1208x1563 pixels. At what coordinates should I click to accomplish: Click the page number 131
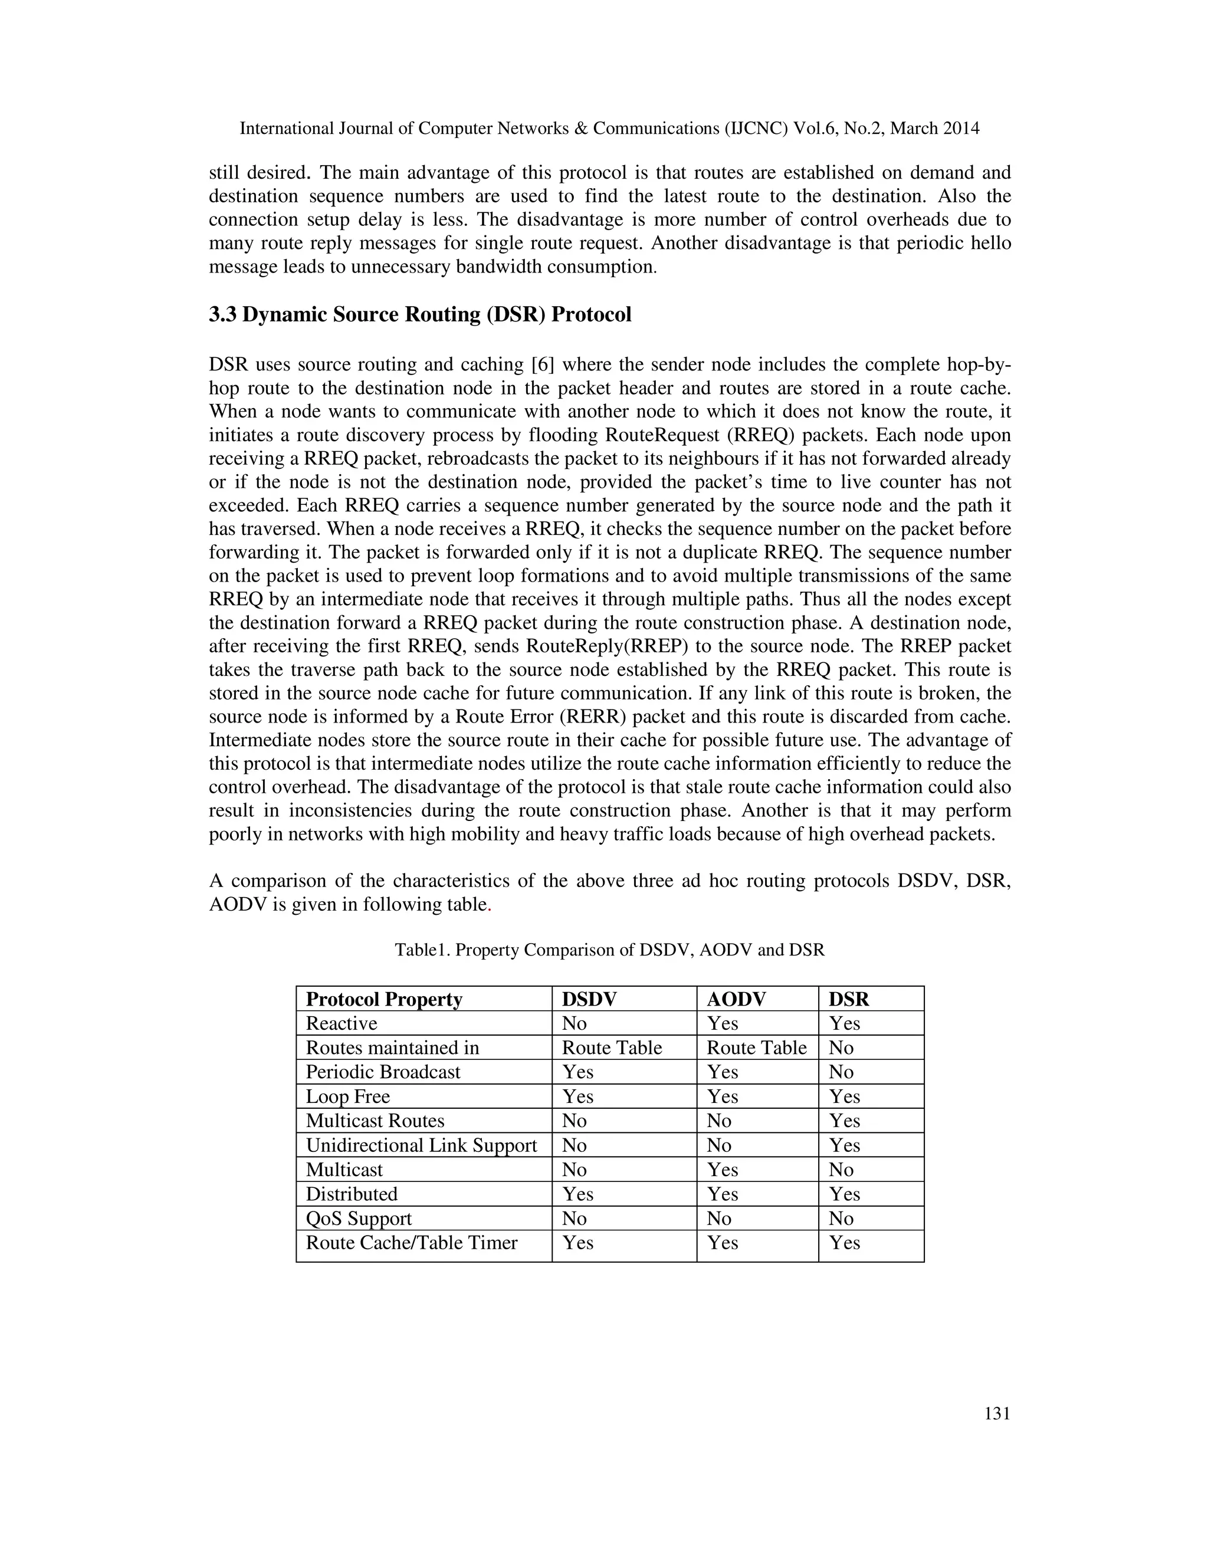pyautogui.click(x=997, y=1413)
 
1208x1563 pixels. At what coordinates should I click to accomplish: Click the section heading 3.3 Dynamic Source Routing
pyautogui.click(x=420, y=315)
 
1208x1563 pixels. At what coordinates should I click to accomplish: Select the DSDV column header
pyautogui.click(x=589, y=999)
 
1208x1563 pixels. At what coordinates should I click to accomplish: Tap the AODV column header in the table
pyautogui.click(x=736, y=999)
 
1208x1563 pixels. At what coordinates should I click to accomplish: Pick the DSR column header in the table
pyautogui.click(x=849, y=999)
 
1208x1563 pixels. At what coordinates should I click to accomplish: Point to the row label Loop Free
pyautogui.click(x=348, y=1096)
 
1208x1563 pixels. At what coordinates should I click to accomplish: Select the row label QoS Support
pyautogui.click(x=359, y=1218)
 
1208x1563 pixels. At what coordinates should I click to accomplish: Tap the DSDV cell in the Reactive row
pyautogui.click(x=574, y=1023)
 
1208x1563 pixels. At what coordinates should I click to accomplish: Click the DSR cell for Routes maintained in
pyautogui.click(x=841, y=1048)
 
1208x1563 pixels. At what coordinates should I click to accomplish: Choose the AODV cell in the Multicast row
pyautogui.click(x=722, y=1170)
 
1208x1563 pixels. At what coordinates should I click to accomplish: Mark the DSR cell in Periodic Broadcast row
pyautogui.click(x=841, y=1072)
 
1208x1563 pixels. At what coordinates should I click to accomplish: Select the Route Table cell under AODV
pyautogui.click(x=756, y=1048)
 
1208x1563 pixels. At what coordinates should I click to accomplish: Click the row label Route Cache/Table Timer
pyautogui.click(x=412, y=1242)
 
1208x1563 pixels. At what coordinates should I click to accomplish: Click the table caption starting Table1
pyautogui.click(x=610, y=950)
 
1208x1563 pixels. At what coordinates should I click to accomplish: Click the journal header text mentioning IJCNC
pyautogui.click(x=609, y=129)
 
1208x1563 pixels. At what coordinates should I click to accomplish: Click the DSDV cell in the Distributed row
pyautogui.click(x=577, y=1194)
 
